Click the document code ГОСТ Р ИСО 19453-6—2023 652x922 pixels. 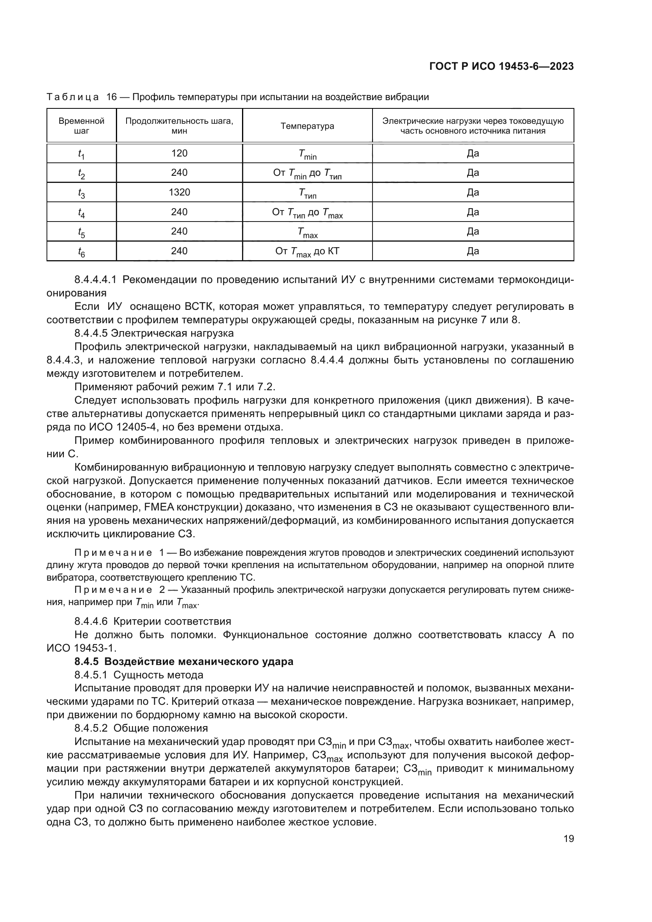click(x=501, y=66)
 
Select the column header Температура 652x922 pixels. click(x=307, y=126)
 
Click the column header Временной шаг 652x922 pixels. click(x=82, y=126)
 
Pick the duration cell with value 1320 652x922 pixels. click(x=179, y=192)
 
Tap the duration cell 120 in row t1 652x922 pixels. click(x=179, y=153)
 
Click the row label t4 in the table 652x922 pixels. click(x=82, y=212)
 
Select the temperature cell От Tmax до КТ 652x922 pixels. click(x=307, y=252)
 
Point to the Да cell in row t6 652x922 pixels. click(x=473, y=251)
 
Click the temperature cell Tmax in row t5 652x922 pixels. click(x=307, y=232)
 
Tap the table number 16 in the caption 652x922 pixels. click(x=111, y=97)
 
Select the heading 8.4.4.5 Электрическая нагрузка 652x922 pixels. click(x=154, y=333)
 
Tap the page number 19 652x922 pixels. click(x=568, y=838)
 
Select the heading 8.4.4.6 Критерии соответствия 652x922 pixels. click(x=153, y=622)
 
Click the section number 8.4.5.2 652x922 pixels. click(x=91, y=728)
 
